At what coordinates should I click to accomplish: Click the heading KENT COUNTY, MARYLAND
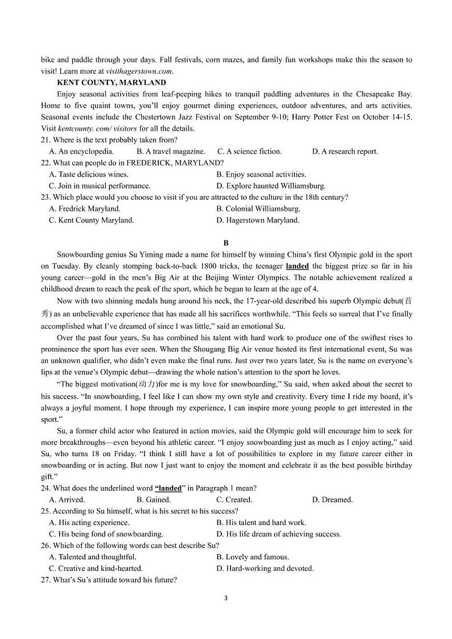112,83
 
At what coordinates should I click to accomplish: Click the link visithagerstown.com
139,71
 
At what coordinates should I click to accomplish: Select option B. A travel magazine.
171,151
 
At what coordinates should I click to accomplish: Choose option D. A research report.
344,151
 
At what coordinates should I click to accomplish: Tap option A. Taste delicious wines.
89,174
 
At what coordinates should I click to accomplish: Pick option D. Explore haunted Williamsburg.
270,186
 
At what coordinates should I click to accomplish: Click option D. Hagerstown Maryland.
257,220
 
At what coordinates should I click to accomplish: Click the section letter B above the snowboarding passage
226,243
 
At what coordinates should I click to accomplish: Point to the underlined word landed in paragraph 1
297,266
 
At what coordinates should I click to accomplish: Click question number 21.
46,140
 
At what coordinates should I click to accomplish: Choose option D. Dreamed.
332,499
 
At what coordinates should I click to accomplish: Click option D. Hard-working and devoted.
265,568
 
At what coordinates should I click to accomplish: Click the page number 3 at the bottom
226,598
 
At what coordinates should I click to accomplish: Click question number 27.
46,580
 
